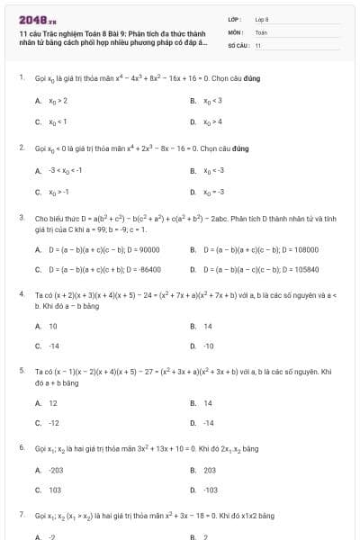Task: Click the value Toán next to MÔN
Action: [261, 31]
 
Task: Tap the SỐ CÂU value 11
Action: [258, 44]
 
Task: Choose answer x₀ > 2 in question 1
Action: [58, 101]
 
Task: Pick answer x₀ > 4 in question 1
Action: [213, 121]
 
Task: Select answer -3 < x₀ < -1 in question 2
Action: [66, 169]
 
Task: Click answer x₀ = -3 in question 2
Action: [213, 191]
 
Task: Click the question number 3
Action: [21, 217]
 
